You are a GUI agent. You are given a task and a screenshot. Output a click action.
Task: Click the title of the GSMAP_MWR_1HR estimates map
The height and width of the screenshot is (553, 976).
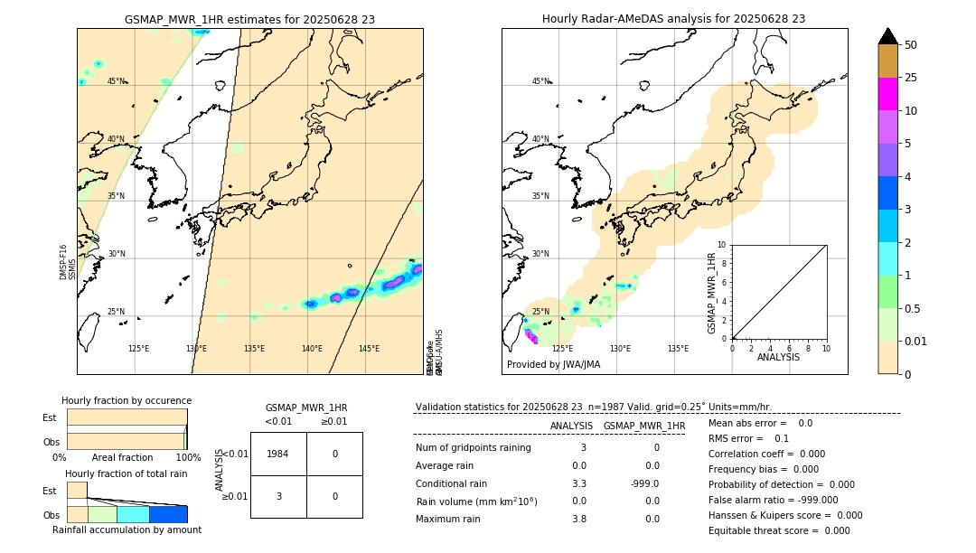[249, 19]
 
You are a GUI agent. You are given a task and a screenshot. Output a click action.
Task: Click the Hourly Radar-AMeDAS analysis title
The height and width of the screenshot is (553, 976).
[673, 19]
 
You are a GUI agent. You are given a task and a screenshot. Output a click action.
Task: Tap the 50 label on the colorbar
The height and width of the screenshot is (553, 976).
[911, 45]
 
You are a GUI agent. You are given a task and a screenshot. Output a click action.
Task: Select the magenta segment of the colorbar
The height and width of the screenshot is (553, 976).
[887, 94]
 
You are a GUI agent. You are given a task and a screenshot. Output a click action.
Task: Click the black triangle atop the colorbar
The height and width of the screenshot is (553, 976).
[887, 36]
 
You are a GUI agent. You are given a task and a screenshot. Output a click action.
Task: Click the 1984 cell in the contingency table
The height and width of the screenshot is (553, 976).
[278, 454]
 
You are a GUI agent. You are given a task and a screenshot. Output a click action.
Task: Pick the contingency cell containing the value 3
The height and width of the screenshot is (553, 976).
[278, 496]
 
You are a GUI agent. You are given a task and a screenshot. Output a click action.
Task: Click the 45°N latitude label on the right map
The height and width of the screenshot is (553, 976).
[540, 81]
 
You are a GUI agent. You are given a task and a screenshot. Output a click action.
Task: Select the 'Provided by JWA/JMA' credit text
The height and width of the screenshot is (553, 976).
[553, 365]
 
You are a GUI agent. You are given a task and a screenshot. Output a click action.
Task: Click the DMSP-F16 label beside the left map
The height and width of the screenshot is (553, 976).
[63, 262]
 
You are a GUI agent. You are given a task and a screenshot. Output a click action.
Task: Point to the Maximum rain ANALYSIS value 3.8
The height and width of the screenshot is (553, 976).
[578, 519]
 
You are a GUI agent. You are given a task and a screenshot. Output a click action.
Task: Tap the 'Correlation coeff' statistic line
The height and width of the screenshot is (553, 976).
[766, 455]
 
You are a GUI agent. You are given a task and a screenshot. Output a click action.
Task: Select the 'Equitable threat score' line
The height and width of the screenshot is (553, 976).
[779, 530]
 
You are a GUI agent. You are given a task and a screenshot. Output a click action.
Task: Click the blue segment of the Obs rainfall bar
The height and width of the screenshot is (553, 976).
[167, 514]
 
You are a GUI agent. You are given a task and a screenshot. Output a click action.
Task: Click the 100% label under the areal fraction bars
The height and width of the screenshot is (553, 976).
[188, 458]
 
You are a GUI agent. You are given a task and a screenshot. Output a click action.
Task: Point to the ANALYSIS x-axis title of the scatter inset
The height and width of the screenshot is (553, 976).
[778, 358]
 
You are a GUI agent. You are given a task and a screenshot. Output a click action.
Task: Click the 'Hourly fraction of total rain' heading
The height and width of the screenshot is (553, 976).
[127, 474]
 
